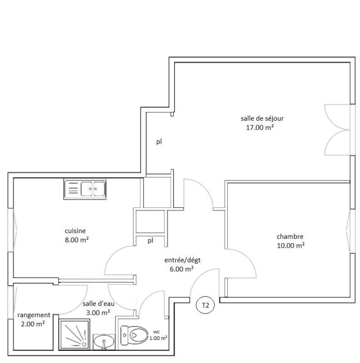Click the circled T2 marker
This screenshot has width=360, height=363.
[x=205, y=305]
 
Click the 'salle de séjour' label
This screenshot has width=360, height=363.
[x=262, y=118]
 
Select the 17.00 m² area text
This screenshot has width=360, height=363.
[x=259, y=128]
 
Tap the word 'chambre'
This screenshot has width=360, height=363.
[x=290, y=236]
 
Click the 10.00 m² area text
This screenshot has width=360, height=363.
[x=290, y=245]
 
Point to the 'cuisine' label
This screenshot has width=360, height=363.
[x=75, y=231]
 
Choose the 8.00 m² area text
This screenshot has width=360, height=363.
[x=76, y=240]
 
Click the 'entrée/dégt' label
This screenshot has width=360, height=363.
[x=182, y=260]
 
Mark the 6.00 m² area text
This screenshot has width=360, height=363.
[x=181, y=269]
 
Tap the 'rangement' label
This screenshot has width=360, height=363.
[x=34, y=315]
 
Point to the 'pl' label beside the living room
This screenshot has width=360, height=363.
[x=159, y=142]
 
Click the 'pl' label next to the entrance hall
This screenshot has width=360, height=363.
[x=150, y=240]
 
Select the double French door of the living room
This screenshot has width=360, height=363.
[x=338, y=130]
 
